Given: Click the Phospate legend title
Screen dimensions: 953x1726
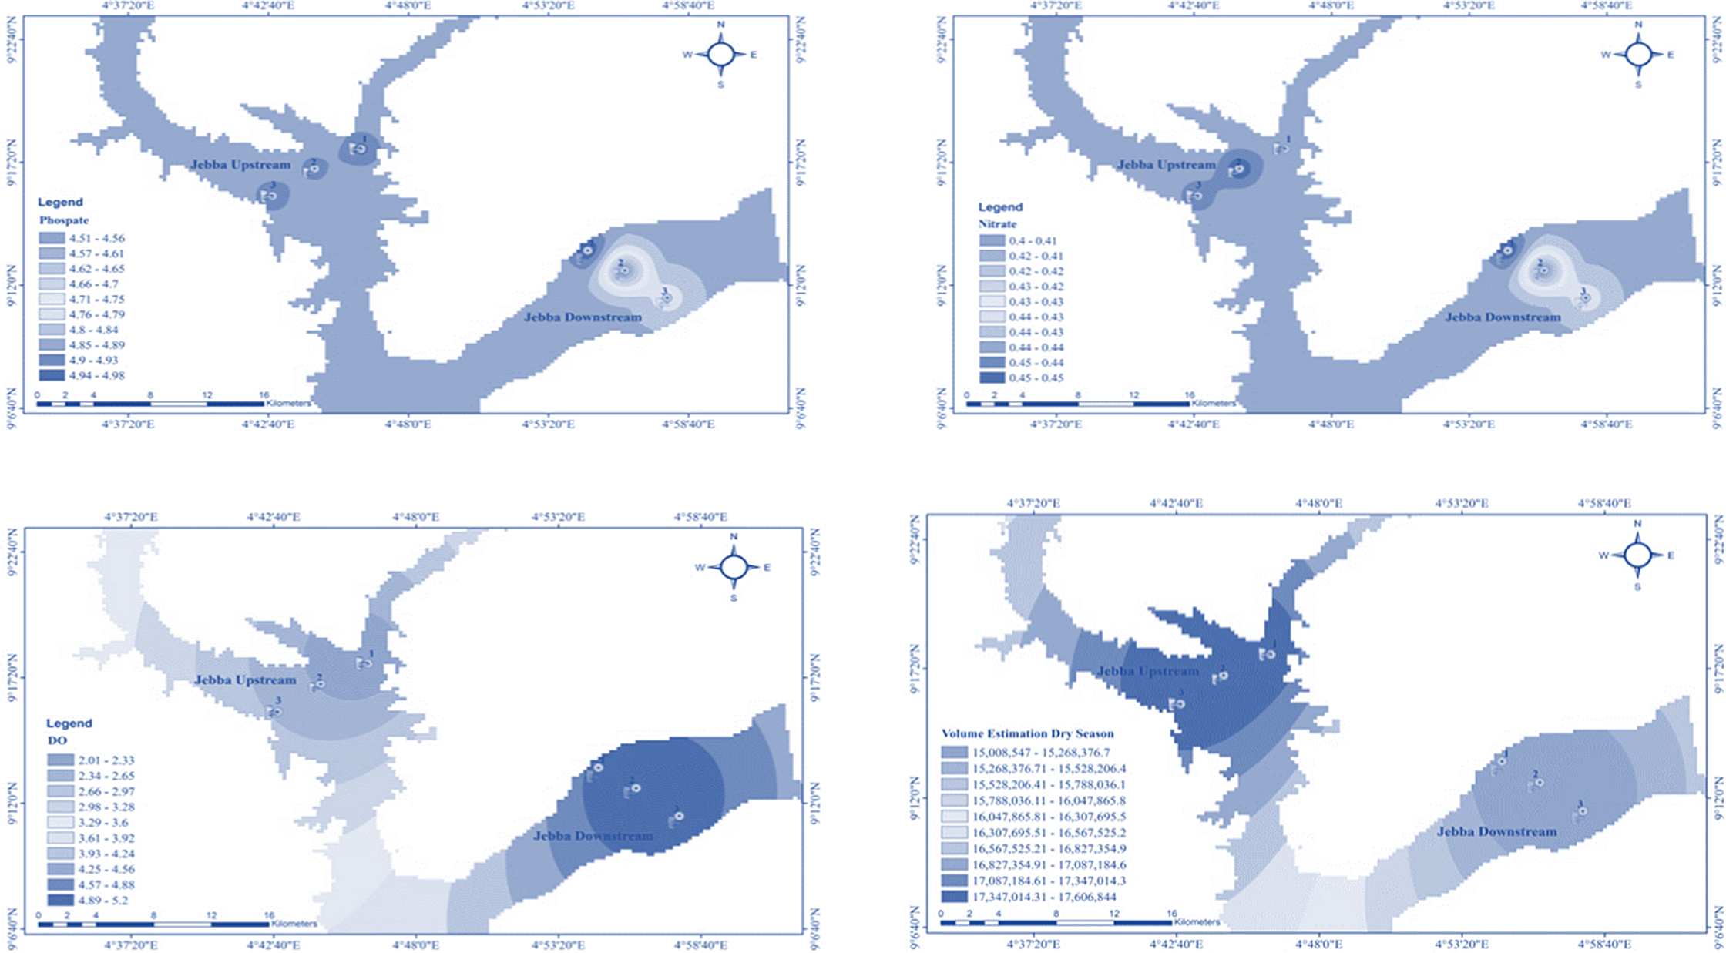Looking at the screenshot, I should pos(64,220).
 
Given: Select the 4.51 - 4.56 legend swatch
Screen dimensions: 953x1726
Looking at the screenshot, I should pos(52,239).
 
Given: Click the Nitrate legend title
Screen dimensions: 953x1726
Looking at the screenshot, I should pos(997,224).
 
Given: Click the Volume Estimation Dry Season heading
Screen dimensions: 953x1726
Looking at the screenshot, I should pos(1027,733).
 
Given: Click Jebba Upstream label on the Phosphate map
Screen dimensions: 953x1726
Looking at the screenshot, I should pos(240,165).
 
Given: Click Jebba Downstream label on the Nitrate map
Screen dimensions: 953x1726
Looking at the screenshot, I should pos(1503,317).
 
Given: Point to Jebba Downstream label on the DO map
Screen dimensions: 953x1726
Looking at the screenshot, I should pos(593,836).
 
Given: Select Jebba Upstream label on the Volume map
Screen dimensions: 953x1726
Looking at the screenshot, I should pos(1147,671).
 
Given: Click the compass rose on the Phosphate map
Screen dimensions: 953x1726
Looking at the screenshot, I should pos(721,55).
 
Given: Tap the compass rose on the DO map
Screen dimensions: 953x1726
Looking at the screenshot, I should pos(734,568).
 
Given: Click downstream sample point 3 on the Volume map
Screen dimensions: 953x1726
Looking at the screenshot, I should pos(1582,811).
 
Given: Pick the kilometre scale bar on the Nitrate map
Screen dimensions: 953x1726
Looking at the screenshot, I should pos(1079,403).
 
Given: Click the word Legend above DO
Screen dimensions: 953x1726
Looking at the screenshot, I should pos(69,723).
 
